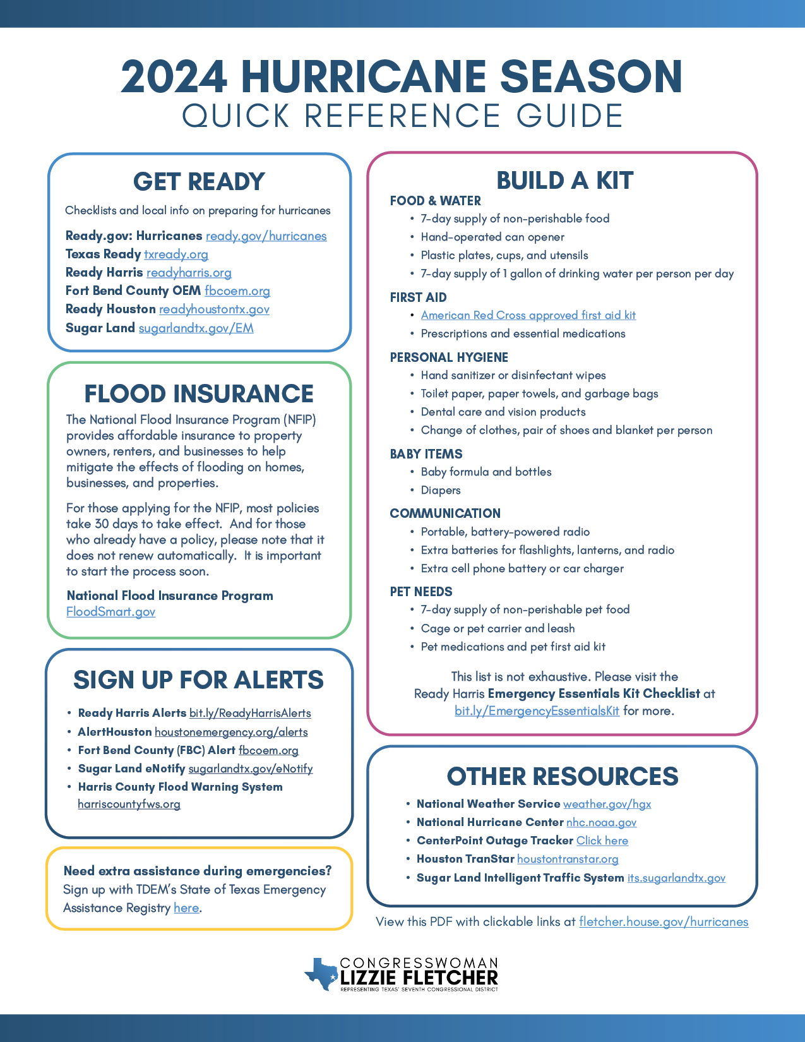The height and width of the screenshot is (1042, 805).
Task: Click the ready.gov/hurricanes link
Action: click(x=266, y=236)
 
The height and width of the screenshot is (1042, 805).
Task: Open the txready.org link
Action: click(x=176, y=255)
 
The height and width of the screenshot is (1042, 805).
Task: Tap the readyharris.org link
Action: click(x=189, y=273)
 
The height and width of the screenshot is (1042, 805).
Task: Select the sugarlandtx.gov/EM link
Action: click(x=196, y=328)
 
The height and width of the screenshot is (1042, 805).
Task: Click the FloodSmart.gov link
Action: click(x=110, y=612)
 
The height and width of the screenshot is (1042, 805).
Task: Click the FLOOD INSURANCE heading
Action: click(x=199, y=393)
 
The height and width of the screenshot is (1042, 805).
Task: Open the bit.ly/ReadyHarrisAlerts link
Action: click(x=250, y=714)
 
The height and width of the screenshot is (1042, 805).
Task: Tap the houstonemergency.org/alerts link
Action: click(x=231, y=733)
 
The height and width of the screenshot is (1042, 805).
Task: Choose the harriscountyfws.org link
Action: click(x=129, y=805)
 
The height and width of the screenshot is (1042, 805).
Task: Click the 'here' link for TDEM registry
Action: click(x=186, y=908)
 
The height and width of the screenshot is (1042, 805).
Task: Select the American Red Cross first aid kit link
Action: click(x=528, y=315)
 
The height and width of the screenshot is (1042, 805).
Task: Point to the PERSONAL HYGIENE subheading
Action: click(x=449, y=357)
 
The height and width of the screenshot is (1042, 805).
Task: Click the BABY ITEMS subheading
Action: click(x=426, y=454)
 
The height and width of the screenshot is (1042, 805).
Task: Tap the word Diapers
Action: click(x=441, y=491)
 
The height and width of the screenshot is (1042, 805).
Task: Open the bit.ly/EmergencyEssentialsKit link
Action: click(x=537, y=711)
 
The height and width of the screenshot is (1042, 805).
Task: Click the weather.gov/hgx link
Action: click(x=607, y=805)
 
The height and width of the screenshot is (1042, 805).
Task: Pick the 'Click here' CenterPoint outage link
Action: click(x=602, y=841)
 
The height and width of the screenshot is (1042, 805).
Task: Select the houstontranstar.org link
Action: click(x=568, y=859)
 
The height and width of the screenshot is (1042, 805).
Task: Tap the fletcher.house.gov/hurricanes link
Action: click(x=664, y=922)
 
